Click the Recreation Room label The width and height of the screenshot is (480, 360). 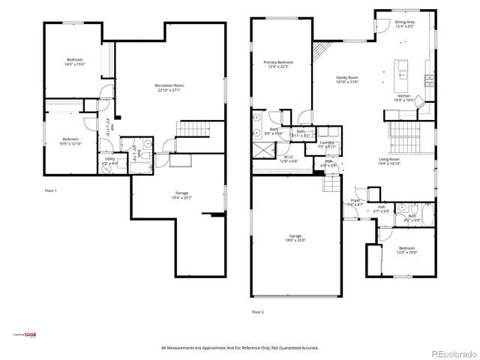[169, 85]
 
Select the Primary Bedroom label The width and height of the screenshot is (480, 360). [277, 62]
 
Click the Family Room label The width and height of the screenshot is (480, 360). [347, 77]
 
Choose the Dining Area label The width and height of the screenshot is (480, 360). [405, 22]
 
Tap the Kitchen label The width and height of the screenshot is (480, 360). [404, 96]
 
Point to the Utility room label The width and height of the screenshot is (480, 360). [109, 159]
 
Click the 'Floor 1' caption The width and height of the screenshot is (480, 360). [51, 191]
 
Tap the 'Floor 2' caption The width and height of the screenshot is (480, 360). [258, 311]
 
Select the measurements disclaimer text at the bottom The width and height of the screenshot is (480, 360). [240, 347]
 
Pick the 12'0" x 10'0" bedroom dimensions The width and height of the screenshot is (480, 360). [407, 253]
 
